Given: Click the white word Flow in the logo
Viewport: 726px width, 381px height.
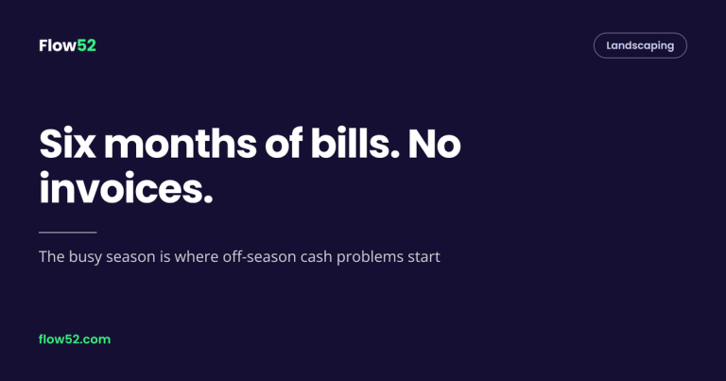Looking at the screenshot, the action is point(58,45).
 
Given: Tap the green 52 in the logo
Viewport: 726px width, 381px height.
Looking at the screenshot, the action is point(87,45).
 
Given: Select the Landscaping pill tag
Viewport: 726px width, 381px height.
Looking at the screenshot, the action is point(640,45).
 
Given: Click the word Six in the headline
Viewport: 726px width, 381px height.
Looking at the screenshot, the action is point(68,144).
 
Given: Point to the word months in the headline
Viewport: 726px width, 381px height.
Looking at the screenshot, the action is point(181,144).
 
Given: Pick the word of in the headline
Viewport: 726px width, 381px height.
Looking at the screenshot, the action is point(284,144).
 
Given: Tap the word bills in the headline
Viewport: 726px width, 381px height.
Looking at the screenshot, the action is point(355,144).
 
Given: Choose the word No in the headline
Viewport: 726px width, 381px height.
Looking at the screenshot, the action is point(434,144).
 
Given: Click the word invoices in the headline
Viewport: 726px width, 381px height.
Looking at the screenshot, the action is point(126,188).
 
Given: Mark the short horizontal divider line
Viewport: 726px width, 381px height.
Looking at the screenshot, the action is point(68,233).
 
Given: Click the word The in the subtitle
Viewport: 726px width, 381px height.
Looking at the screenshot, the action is point(51,256).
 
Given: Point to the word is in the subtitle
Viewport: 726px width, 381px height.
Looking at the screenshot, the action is point(164,256).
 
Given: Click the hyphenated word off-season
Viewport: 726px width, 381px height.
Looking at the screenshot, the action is point(259,256).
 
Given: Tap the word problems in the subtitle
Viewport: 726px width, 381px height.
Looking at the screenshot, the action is point(370,257).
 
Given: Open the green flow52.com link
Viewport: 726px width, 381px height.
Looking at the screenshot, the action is point(75,339).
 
